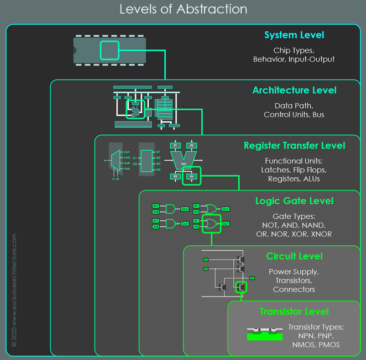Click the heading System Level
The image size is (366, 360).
(x=294, y=35)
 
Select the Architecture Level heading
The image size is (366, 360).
(x=294, y=91)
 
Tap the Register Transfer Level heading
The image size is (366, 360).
(x=294, y=146)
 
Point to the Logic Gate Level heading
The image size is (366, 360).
(x=294, y=201)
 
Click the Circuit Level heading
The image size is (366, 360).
(x=294, y=256)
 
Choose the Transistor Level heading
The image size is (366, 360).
(x=294, y=312)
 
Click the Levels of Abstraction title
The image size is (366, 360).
(x=183, y=9)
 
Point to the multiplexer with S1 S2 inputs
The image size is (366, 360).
(x=115, y=161)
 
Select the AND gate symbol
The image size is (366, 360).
(x=170, y=209)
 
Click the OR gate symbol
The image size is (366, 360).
(x=210, y=209)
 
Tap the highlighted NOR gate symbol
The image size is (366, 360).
(x=211, y=224)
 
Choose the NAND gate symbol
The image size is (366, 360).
(x=170, y=224)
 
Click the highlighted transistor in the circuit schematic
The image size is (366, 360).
(x=240, y=287)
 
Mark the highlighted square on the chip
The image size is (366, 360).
(x=109, y=50)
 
